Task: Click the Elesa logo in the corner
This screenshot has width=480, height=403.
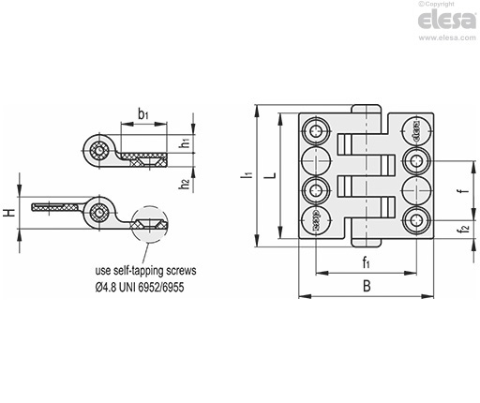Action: point(447,20)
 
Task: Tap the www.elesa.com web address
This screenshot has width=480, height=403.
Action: point(447,37)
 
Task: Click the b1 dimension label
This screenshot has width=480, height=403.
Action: point(143,114)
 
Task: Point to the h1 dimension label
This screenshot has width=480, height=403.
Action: point(186,142)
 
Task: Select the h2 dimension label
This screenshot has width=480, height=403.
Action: point(186,183)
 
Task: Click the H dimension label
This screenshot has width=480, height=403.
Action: point(9,213)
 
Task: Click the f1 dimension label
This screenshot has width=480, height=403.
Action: point(367,262)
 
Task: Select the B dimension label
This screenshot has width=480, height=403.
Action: point(367,286)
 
